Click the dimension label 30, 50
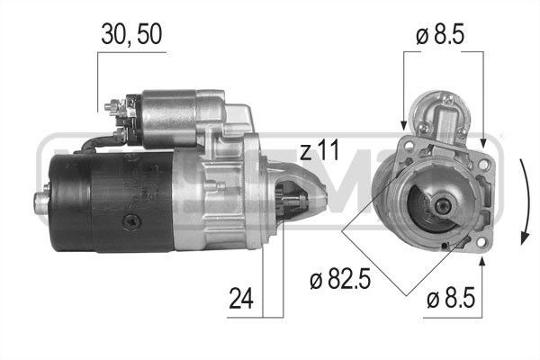131,35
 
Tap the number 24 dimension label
241,298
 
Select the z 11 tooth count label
319,150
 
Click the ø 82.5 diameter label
340,279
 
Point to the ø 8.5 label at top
440,34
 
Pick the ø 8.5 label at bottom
451,298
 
